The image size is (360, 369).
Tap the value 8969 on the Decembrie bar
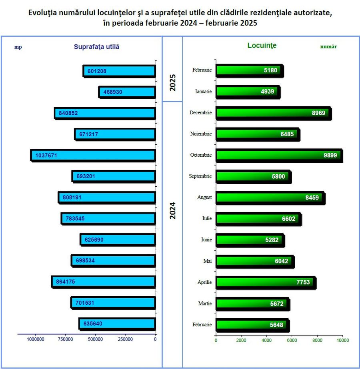(319, 113)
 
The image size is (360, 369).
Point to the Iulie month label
(207, 219)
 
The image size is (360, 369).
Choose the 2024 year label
(172, 210)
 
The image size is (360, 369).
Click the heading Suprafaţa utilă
(96, 46)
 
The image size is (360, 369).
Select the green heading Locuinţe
(262, 46)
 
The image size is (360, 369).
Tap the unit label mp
(18, 47)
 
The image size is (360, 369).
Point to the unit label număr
(328, 46)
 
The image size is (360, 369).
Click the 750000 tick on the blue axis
(65, 339)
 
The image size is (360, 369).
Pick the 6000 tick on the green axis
(292, 340)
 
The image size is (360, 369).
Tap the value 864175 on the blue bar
(66, 281)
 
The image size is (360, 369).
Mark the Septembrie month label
(200, 176)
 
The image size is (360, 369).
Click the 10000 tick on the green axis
(343, 340)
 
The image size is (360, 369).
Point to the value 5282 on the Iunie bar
(271, 240)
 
